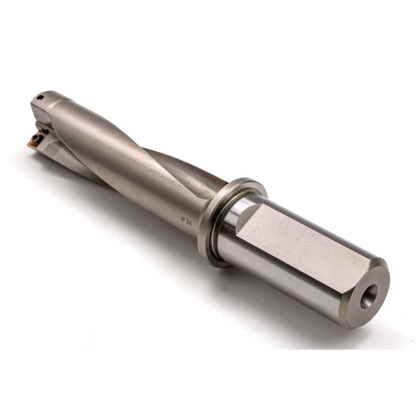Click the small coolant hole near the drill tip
40,97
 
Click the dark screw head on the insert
36,138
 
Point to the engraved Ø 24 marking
186,222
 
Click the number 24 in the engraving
189,222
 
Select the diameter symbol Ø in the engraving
183,220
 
